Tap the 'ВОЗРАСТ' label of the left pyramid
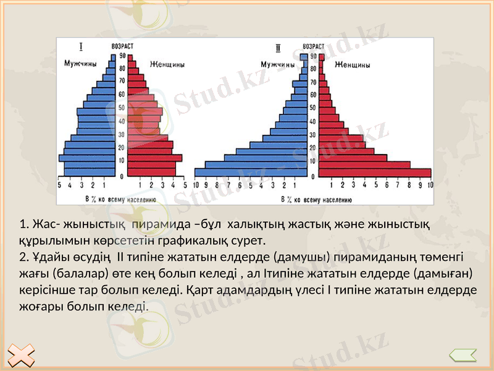pos(122,46)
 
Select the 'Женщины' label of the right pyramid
pos(353,64)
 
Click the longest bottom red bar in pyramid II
pos(374,173)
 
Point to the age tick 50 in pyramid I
pos(122,108)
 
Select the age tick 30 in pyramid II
pos(314,135)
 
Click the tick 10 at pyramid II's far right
pos(430,185)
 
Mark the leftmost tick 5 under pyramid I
pos(59,185)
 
